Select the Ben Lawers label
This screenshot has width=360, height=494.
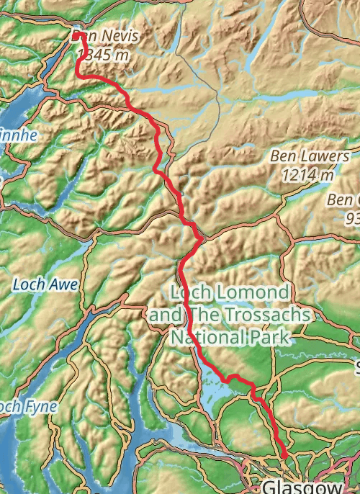[x=310, y=156]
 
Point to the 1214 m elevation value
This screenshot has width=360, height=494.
[x=309, y=174]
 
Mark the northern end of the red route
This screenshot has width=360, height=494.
[x=76, y=34]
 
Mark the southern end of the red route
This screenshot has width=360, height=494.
[x=285, y=456]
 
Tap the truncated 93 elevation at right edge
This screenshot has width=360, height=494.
[x=352, y=217]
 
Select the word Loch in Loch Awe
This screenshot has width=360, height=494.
[x=29, y=285]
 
